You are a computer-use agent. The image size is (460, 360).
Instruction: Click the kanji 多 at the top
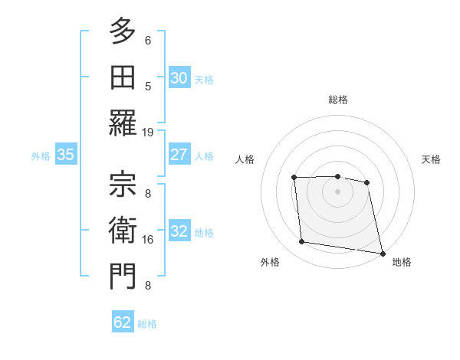122,32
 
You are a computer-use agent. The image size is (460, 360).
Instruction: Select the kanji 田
122,77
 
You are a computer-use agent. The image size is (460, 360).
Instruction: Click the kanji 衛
122,231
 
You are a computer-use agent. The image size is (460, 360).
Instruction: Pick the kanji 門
122,277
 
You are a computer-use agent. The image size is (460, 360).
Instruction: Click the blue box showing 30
179,78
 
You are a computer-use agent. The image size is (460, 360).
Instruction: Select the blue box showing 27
179,155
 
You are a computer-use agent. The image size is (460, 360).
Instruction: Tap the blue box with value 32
179,232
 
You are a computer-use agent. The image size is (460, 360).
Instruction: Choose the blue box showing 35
66,155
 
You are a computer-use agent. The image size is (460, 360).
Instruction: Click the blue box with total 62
123,322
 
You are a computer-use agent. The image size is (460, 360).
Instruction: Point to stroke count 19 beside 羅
148,132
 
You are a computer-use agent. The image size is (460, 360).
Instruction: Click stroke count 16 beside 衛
148,240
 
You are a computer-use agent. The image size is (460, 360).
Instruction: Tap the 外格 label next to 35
41,155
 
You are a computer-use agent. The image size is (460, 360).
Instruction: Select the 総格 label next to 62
147,323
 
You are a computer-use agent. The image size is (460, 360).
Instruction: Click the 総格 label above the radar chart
337,100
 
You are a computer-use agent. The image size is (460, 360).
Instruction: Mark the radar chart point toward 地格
381,252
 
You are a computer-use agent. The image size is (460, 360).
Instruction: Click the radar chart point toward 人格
294,178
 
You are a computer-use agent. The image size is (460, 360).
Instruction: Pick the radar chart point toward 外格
302,242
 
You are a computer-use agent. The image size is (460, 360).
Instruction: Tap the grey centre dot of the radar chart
337,191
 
